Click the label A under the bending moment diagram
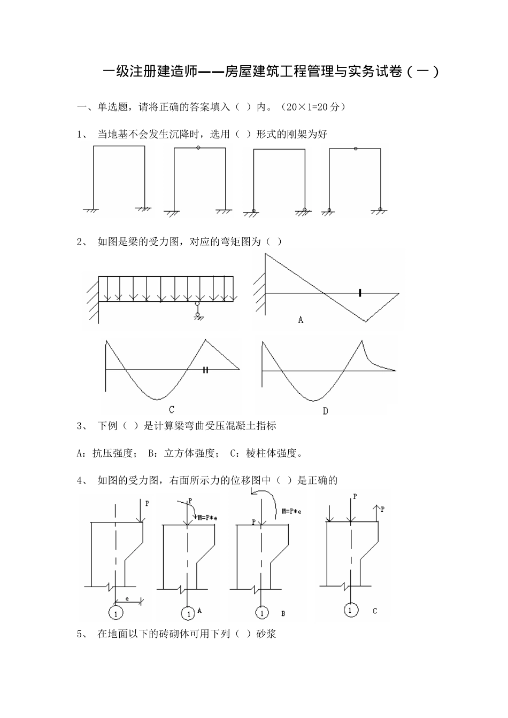coord(301,320)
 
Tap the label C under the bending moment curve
coord(172,410)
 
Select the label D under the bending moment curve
coord(325,410)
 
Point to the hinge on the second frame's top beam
coord(198,147)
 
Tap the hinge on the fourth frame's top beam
coord(356,148)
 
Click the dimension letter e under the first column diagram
coord(127,599)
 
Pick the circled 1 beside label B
coord(261,613)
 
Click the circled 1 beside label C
coord(350,610)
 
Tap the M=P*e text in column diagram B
coord(291,511)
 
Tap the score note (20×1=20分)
coord(313,107)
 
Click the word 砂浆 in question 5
coord(266,634)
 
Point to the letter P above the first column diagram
coord(148,503)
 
